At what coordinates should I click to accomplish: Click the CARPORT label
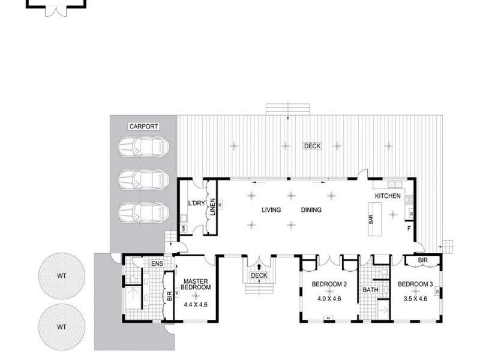(x=143, y=127)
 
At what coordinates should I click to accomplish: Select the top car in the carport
(x=142, y=146)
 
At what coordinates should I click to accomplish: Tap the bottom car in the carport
(x=142, y=212)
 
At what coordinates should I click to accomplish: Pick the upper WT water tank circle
(x=61, y=277)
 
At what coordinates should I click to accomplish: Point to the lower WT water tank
(x=61, y=328)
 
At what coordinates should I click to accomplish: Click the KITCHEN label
(x=388, y=196)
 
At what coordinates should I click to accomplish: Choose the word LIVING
(x=273, y=210)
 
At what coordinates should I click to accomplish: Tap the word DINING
(x=311, y=210)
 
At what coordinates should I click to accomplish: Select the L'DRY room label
(x=197, y=203)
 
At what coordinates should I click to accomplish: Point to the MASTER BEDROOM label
(x=196, y=284)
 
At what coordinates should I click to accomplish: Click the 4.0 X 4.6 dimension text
(x=328, y=298)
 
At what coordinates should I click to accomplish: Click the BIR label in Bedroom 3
(x=422, y=260)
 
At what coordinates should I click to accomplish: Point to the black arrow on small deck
(x=259, y=268)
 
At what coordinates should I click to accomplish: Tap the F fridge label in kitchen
(x=408, y=229)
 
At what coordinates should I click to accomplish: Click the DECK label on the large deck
(x=312, y=146)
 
